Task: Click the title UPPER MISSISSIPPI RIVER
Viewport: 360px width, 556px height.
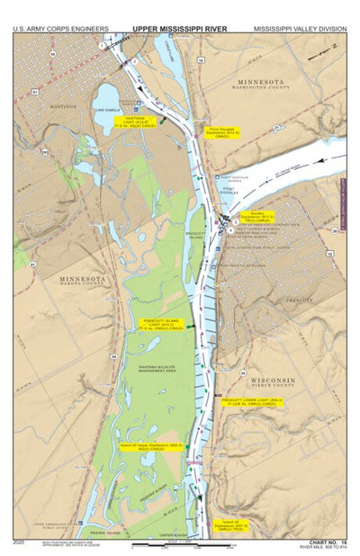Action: tap(180, 29)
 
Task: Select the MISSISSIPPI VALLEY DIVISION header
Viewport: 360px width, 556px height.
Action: tap(299, 29)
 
